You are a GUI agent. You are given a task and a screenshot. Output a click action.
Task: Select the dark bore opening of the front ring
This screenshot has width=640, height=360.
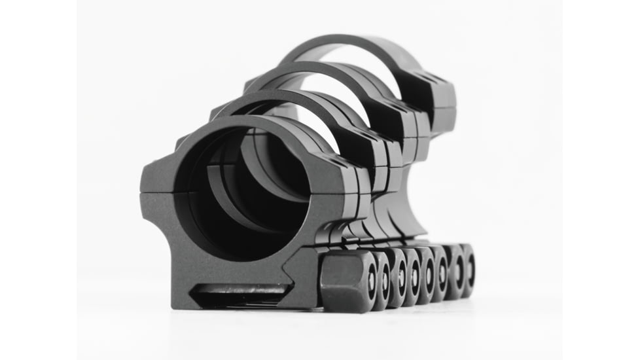point(242,196)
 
